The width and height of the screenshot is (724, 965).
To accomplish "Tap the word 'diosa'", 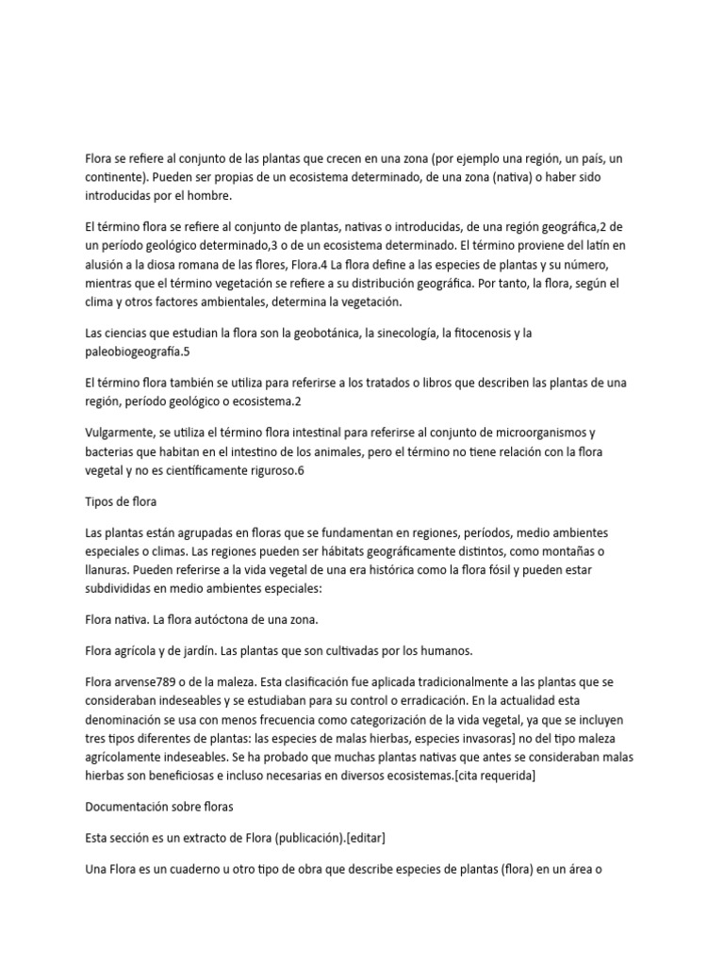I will coord(185,265).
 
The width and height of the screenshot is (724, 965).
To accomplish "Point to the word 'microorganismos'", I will coord(535,433).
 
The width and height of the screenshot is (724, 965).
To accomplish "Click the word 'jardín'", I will coord(188,649).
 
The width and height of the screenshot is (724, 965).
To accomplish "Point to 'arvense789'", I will coord(150,680).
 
